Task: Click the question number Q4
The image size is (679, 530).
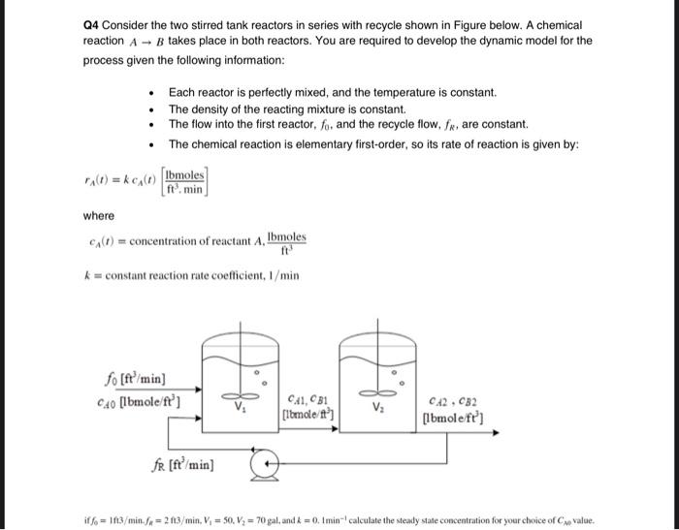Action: [x=93, y=24]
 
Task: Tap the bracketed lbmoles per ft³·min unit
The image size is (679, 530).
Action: [x=184, y=181]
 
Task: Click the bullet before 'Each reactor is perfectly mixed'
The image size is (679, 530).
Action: [x=152, y=93]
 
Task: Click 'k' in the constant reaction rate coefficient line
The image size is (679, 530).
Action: [x=87, y=276]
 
